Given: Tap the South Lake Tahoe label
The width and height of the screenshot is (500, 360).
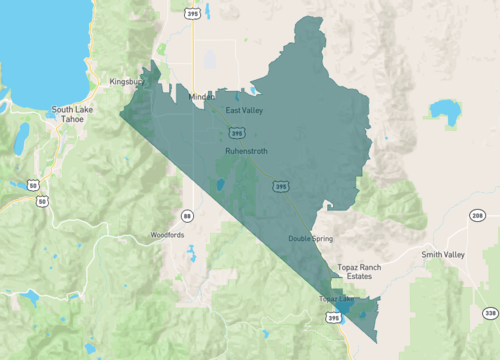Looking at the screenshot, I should click(72, 114).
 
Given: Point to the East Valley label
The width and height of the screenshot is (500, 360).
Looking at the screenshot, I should click(244, 110).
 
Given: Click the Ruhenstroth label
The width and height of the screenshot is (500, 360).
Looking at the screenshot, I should click(245, 151).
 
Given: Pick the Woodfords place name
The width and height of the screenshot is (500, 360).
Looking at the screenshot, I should click(168, 235).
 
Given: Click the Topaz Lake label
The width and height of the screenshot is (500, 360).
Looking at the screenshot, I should click(336, 298).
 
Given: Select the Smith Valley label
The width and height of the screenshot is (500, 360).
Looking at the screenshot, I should click(443, 255).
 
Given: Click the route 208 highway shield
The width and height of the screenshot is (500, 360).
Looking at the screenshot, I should click(478, 216).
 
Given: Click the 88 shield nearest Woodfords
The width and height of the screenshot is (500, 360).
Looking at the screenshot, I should click(187, 215).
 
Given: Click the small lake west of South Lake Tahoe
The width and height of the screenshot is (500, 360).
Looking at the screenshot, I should click(22, 135).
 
